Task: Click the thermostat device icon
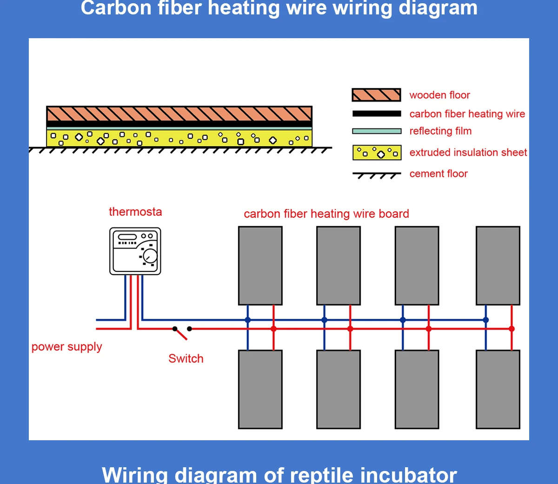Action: [135, 251]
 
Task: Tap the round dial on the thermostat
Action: [150, 256]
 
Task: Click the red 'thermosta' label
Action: [135, 212]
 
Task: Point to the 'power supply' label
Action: [66, 347]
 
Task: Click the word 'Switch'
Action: [186, 358]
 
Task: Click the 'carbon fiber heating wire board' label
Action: [326, 214]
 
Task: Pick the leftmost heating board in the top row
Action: [260, 265]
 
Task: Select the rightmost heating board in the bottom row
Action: [498, 389]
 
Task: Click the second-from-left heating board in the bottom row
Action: [339, 389]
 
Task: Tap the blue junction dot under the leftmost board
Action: [248, 320]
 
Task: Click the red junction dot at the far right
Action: [511, 329]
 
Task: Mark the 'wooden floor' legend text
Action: [439, 95]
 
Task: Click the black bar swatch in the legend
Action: [377, 114]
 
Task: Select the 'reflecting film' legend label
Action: [440, 131]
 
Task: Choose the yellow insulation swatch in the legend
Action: [377, 153]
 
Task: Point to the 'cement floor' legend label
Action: [438, 174]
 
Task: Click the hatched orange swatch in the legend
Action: [377, 95]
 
